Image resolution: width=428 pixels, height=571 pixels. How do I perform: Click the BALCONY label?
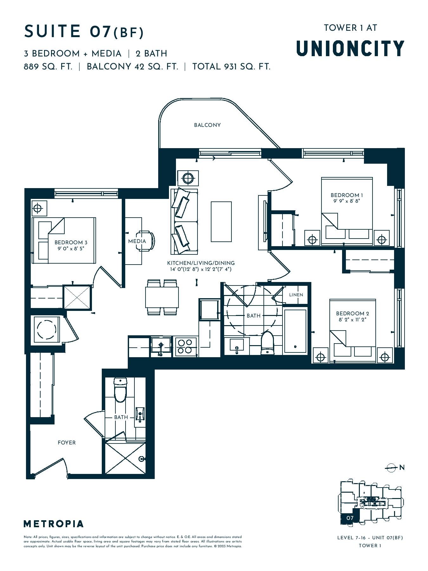point(207,125)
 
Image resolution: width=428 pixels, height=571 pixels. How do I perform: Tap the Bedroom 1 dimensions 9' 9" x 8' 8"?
point(347,201)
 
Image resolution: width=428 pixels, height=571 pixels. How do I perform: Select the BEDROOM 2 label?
point(353,313)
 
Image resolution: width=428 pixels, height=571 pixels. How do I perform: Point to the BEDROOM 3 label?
point(71,243)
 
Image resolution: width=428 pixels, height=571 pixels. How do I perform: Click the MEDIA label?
point(137,241)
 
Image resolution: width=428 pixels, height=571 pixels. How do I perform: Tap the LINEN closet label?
point(296,295)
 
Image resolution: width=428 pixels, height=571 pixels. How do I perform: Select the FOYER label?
point(67,443)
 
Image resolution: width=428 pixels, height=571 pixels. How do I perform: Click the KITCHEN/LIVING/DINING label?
point(201,263)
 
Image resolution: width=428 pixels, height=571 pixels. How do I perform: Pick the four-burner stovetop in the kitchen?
point(185,346)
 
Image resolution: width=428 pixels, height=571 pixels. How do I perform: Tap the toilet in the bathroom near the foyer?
point(120,390)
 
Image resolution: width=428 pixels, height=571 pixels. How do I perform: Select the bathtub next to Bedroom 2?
point(295,331)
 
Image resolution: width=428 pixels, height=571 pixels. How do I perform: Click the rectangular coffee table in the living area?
point(221,221)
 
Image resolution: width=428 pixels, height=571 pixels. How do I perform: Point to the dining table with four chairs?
point(162,297)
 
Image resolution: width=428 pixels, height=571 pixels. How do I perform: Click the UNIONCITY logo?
point(350,48)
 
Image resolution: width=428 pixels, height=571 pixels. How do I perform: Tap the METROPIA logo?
point(54,524)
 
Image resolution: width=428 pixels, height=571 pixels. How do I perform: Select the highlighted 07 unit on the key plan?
point(349,518)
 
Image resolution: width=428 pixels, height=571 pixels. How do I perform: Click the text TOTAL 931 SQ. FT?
point(231,67)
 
